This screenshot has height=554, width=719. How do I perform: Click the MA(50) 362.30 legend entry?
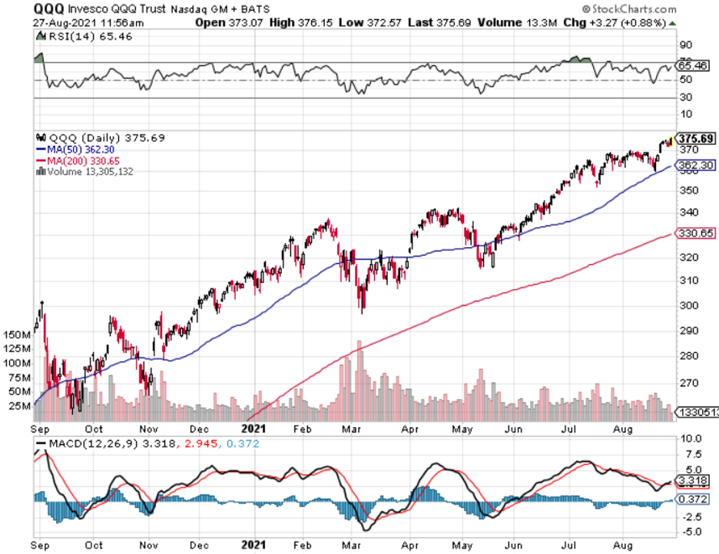[81, 150]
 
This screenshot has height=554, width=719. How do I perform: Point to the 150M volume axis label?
[16, 335]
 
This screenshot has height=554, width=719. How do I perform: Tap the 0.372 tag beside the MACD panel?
[695, 500]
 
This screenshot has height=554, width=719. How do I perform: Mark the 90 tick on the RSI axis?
[683, 45]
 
